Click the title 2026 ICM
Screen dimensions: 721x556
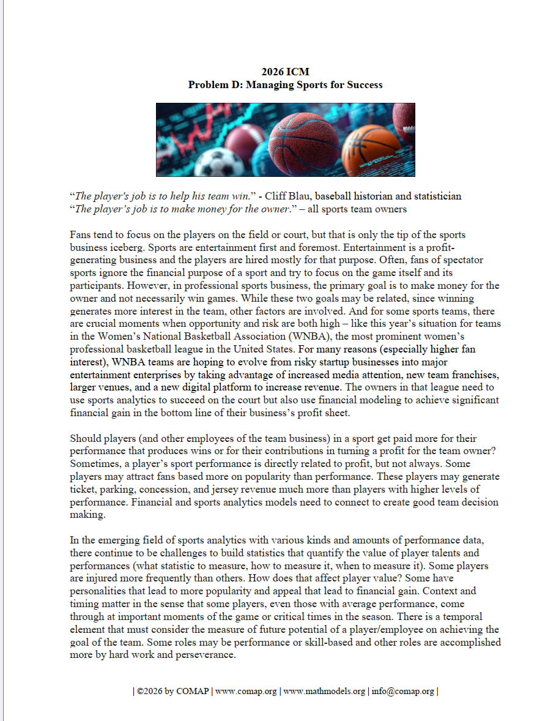[285, 72]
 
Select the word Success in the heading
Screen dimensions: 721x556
[365, 85]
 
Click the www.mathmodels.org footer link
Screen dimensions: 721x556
[324, 692]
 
